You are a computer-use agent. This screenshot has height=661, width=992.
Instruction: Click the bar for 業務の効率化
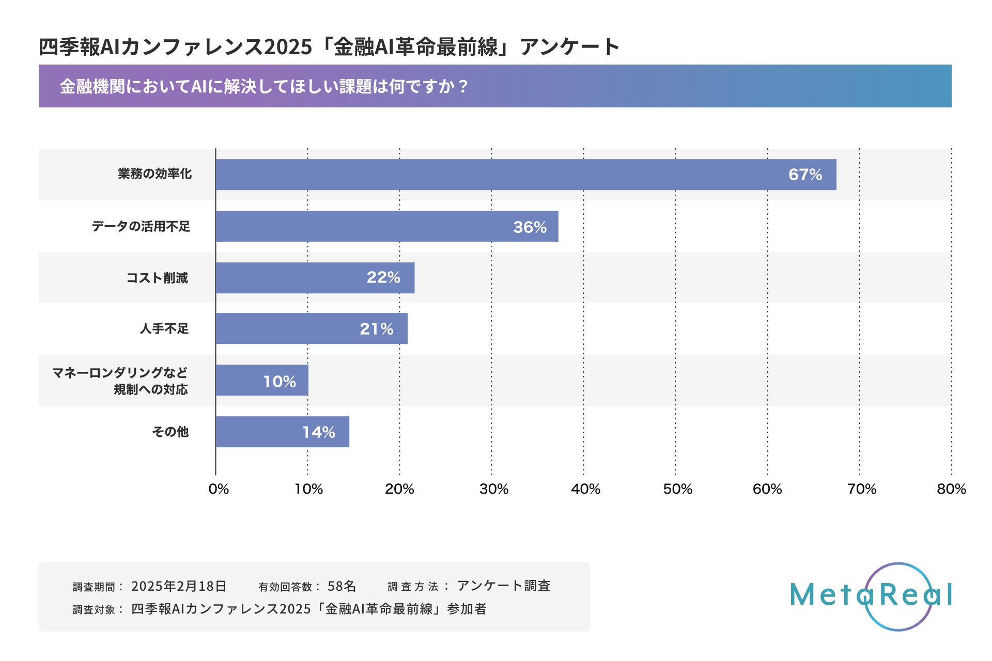tap(525, 175)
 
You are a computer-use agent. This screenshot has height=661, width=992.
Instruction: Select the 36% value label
tap(530, 227)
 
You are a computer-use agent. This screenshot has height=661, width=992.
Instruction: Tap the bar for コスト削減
tap(315, 278)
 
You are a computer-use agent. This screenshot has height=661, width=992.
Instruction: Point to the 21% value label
tap(376, 329)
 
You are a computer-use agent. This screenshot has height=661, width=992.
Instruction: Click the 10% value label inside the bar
tap(280, 382)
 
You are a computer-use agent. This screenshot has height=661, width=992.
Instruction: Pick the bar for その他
tap(282, 432)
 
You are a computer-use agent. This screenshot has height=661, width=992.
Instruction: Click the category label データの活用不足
tap(141, 226)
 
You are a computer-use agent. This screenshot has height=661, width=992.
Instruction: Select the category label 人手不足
tap(164, 328)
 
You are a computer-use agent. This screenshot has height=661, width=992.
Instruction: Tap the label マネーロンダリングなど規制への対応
tap(120, 381)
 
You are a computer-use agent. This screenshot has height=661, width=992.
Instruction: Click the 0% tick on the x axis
tap(219, 489)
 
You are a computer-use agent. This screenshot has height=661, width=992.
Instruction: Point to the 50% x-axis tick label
tap(677, 489)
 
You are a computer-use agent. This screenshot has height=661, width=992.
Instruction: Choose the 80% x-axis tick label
tap(951, 489)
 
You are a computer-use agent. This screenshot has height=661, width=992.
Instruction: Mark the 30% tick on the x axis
tap(493, 489)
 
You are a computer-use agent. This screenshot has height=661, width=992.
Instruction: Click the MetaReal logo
tap(871, 596)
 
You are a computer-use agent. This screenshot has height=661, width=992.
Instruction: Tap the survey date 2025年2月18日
tap(179, 586)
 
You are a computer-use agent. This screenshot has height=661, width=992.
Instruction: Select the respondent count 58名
tap(342, 586)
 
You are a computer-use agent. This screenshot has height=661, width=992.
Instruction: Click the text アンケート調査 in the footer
tap(504, 586)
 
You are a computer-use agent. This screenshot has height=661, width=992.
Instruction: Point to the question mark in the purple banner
tap(462, 86)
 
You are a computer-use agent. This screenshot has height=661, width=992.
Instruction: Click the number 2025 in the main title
tap(288, 47)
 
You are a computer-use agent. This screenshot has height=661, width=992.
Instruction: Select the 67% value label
tap(805, 175)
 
